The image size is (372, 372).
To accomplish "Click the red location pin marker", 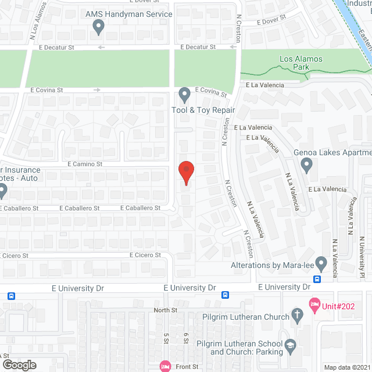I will pos(186,173).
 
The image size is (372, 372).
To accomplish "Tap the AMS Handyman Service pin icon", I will pos(98,26).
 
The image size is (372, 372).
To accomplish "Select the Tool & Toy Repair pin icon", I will pos(185,94).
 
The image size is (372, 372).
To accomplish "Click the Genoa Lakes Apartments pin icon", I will pos(307,166).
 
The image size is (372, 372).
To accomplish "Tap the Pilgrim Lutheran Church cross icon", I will pos(298,317).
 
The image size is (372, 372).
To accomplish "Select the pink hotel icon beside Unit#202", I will pos(314,304).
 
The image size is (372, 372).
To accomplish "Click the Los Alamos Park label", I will pos(294,63).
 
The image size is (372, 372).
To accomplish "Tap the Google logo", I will pos(19,364).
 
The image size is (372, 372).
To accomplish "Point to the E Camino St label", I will pos(85,164).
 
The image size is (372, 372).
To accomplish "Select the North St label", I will pos(166,310).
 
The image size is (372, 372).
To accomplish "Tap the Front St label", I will pos(187,367).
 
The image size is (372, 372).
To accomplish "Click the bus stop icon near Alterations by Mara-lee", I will pos(317,278).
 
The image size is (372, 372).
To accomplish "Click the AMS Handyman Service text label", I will pos(128,14).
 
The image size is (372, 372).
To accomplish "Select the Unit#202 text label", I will pos(339,304).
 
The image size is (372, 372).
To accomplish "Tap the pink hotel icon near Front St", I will pos(164,366).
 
